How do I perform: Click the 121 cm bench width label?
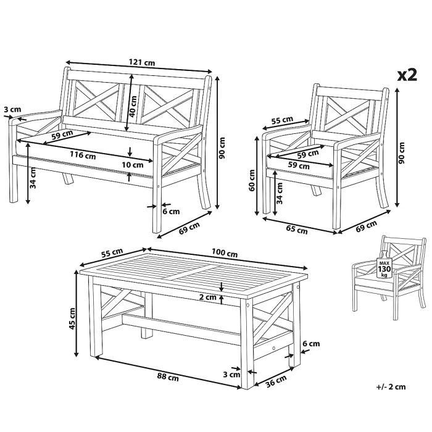[142, 62]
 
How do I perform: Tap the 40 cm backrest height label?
[133, 106]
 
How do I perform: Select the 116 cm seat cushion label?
[83, 155]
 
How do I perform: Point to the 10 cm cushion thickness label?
[133, 165]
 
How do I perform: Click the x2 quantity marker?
[407, 75]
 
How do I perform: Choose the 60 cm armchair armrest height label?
[252, 180]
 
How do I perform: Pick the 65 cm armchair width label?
[296, 230]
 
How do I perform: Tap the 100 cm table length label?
[225, 252]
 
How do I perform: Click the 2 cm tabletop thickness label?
[208, 297]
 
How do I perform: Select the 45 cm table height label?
[72, 318]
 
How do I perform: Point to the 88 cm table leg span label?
[168, 376]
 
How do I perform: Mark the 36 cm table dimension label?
[276, 381]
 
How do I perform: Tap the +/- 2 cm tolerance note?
[391, 387]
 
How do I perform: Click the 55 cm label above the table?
[112, 253]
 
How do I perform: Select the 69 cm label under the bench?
[189, 228]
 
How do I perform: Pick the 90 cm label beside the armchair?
[402, 153]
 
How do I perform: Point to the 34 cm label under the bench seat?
[33, 178]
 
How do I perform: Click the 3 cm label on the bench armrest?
[12, 110]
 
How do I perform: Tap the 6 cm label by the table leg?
[311, 344]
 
